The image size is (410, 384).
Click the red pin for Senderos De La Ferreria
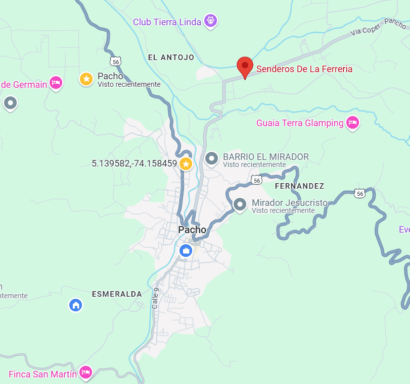coord(245,66)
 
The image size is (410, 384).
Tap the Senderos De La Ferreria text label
coord(304,69)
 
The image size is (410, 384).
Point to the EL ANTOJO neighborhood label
coord(171,58)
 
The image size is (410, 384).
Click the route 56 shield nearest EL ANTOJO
coord(117,61)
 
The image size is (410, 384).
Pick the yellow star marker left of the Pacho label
coord(86,79)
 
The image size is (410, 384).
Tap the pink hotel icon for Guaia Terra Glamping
coord(352,122)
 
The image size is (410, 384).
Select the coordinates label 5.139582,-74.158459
coord(134,163)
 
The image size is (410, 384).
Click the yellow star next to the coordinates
coord(186,163)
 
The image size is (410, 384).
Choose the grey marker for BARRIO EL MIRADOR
coord(211,159)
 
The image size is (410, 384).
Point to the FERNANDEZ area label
coord(299,186)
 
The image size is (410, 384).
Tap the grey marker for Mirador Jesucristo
coord(240,204)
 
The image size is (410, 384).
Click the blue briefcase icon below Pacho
coord(186,250)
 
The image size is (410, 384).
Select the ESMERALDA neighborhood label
coord(117,294)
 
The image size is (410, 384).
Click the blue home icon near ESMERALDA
coord(76,305)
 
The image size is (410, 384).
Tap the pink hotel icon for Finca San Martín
coord(85,372)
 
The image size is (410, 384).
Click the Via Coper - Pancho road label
coord(379,28)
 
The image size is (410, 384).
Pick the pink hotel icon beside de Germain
coord(56,82)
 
